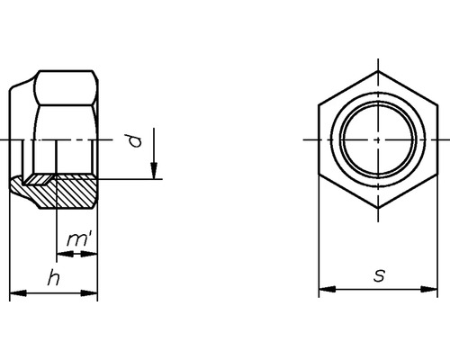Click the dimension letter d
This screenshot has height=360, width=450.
tap(133, 141)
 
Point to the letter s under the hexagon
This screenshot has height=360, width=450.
tap(379, 276)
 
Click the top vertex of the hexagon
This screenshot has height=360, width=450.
tap(378, 69)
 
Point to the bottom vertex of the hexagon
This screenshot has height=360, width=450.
tap(378, 210)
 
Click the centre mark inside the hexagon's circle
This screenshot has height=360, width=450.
tap(378, 139)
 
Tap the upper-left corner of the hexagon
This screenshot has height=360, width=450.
tap(319, 104)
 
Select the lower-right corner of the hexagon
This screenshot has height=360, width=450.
tap(438, 175)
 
